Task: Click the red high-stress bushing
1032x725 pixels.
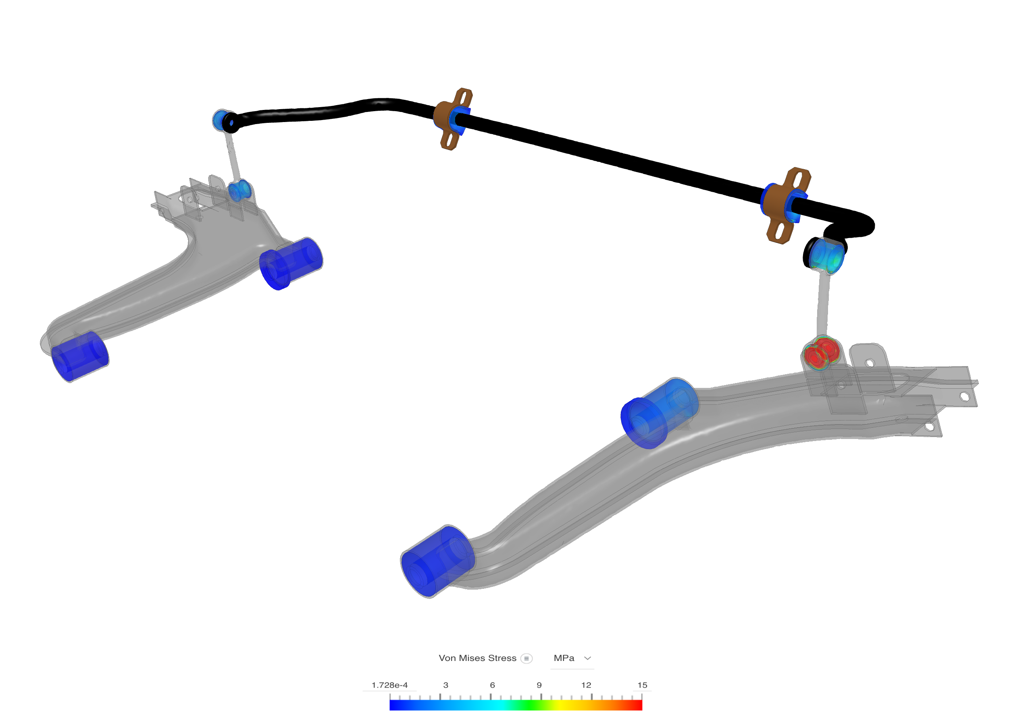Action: [821, 352]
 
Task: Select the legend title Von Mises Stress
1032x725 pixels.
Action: [477, 658]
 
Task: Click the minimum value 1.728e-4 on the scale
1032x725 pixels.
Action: [389, 685]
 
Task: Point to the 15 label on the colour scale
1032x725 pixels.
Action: [642, 685]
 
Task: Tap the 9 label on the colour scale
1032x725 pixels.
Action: [539, 685]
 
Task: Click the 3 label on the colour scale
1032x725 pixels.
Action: [445, 685]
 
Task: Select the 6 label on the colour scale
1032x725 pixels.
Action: [493, 685]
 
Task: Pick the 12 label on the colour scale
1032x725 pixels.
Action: [586, 685]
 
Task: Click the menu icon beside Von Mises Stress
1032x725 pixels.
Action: [526, 659]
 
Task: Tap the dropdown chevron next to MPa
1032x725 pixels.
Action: [587, 658]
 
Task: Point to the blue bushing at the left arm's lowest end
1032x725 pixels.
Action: [79, 357]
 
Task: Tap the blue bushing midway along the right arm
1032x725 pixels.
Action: [659, 413]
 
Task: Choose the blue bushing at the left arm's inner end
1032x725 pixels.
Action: [291, 263]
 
